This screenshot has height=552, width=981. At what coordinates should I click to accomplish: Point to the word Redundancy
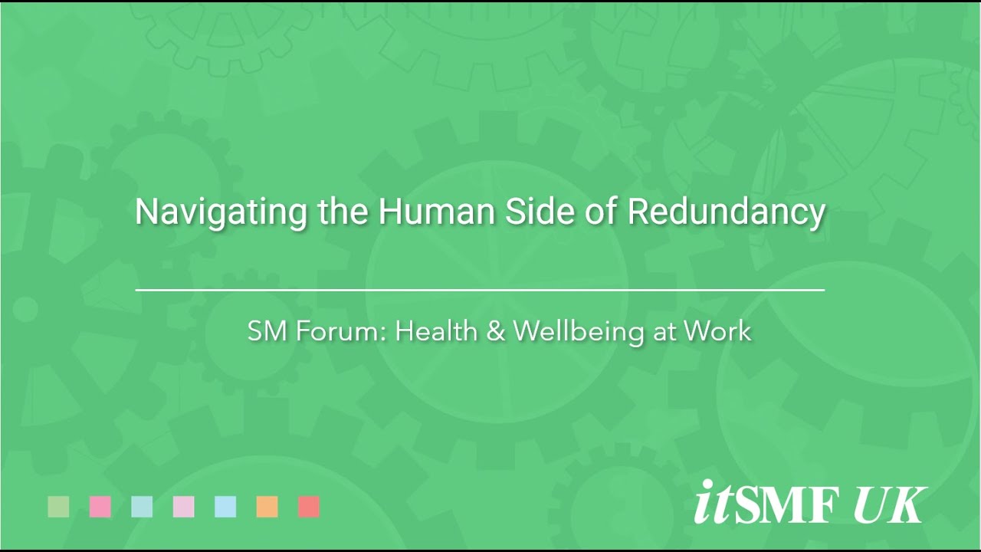726,212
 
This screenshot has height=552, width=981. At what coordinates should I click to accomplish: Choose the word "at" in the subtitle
664,332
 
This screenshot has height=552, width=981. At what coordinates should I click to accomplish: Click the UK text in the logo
890,504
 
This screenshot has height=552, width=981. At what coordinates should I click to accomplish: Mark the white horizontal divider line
480,290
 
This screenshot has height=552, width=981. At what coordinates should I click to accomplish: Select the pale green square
58,507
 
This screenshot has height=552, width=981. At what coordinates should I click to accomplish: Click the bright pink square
100,507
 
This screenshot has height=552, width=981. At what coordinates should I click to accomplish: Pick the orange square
267,507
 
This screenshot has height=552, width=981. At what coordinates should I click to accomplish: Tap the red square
309,507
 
